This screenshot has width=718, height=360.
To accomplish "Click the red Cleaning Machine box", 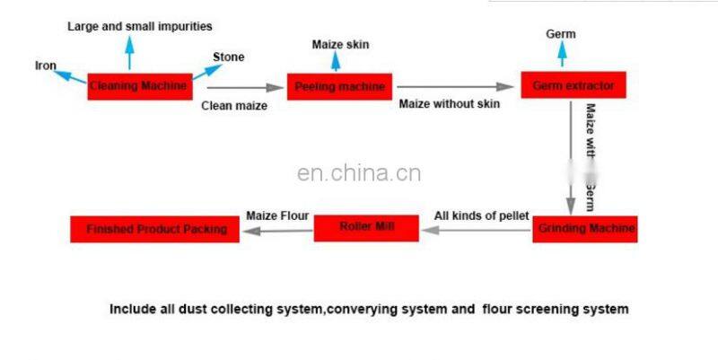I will click(x=139, y=86).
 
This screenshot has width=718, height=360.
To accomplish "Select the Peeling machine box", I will click(x=340, y=87).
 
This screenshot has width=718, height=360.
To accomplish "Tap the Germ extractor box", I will click(x=573, y=86).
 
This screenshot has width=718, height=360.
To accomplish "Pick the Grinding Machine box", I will click(x=584, y=229).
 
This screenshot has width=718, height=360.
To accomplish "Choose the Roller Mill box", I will click(x=367, y=228).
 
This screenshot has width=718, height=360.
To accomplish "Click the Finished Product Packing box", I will click(x=155, y=230).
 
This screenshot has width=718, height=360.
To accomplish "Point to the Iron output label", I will click(x=46, y=66).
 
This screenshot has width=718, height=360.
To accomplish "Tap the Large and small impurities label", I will click(x=140, y=27).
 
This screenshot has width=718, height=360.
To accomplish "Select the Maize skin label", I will click(x=340, y=44).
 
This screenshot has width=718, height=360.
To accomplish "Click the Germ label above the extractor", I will click(x=561, y=34).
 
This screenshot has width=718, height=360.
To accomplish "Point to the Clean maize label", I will click(x=233, y=105).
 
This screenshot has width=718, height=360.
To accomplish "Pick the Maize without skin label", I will click(x=449, y=103).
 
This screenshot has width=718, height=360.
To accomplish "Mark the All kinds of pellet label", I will click(x=481, y=215).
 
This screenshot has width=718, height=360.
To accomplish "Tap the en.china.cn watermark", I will click(x=358, y=173).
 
